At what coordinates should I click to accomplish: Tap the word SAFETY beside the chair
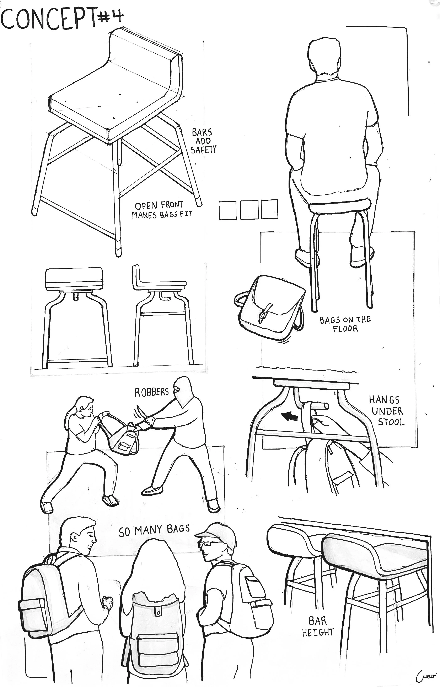(x=203, y=150)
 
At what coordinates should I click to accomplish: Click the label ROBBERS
(x=152, y=392)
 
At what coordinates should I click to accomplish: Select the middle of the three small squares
(x=249, y=210)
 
